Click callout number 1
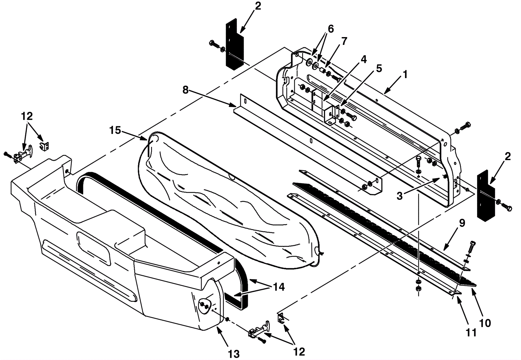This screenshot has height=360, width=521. pos(405,75)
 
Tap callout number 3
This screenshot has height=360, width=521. pos(399,196)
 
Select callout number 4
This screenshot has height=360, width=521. pos(363,59)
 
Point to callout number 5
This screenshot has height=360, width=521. pos(379,68)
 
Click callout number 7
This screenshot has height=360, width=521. pos(344,41)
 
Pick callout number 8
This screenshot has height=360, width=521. pos(185,90)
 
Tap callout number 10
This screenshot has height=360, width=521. pos(485,323)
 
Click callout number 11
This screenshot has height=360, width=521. pos(471,333)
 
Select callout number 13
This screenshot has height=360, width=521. pos(233,354)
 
